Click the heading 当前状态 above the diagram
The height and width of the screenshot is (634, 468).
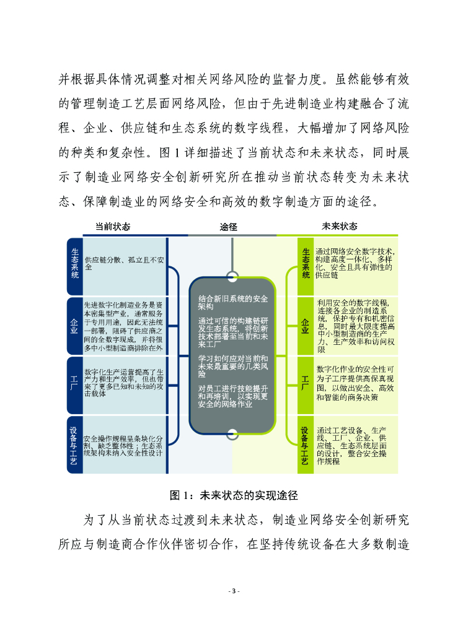coord(112,227)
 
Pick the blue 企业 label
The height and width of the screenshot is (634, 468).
coord(74,326)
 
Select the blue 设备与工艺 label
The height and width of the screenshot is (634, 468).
coord(74,444)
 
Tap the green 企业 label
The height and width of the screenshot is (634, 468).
coord(306,326)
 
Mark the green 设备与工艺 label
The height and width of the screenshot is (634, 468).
coord(306,444)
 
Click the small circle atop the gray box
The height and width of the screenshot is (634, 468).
coord(232,276)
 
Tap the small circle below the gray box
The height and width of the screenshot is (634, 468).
coord(232,433)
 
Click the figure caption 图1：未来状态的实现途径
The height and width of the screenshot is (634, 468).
coord(234,495)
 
